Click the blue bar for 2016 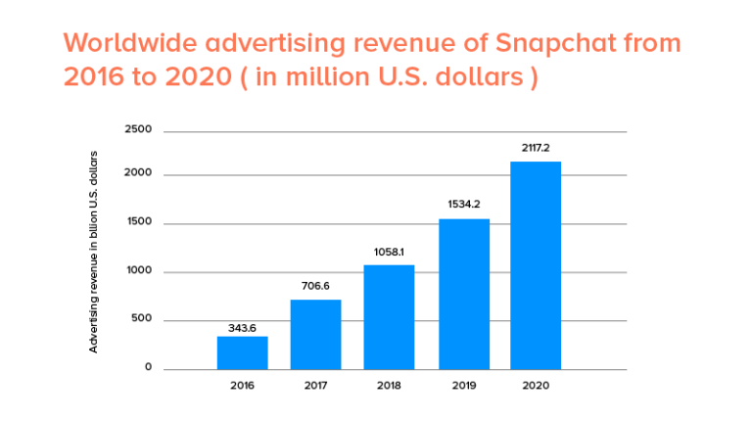point(242,352)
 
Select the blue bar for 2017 point(315,334)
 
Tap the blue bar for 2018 point(389,317)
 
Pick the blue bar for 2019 point(463,294)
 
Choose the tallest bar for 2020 point(536,265)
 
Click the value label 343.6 point(242,327)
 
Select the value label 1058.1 point(389,252)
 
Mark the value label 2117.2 point(536,148)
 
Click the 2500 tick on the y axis point(138,130)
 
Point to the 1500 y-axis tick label point(138,222)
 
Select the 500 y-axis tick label point(142,319)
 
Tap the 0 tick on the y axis point(149,368)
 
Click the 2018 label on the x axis point(389,386)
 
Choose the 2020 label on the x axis point(536,386)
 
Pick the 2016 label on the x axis point(242,386)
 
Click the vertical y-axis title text point(94,252)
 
